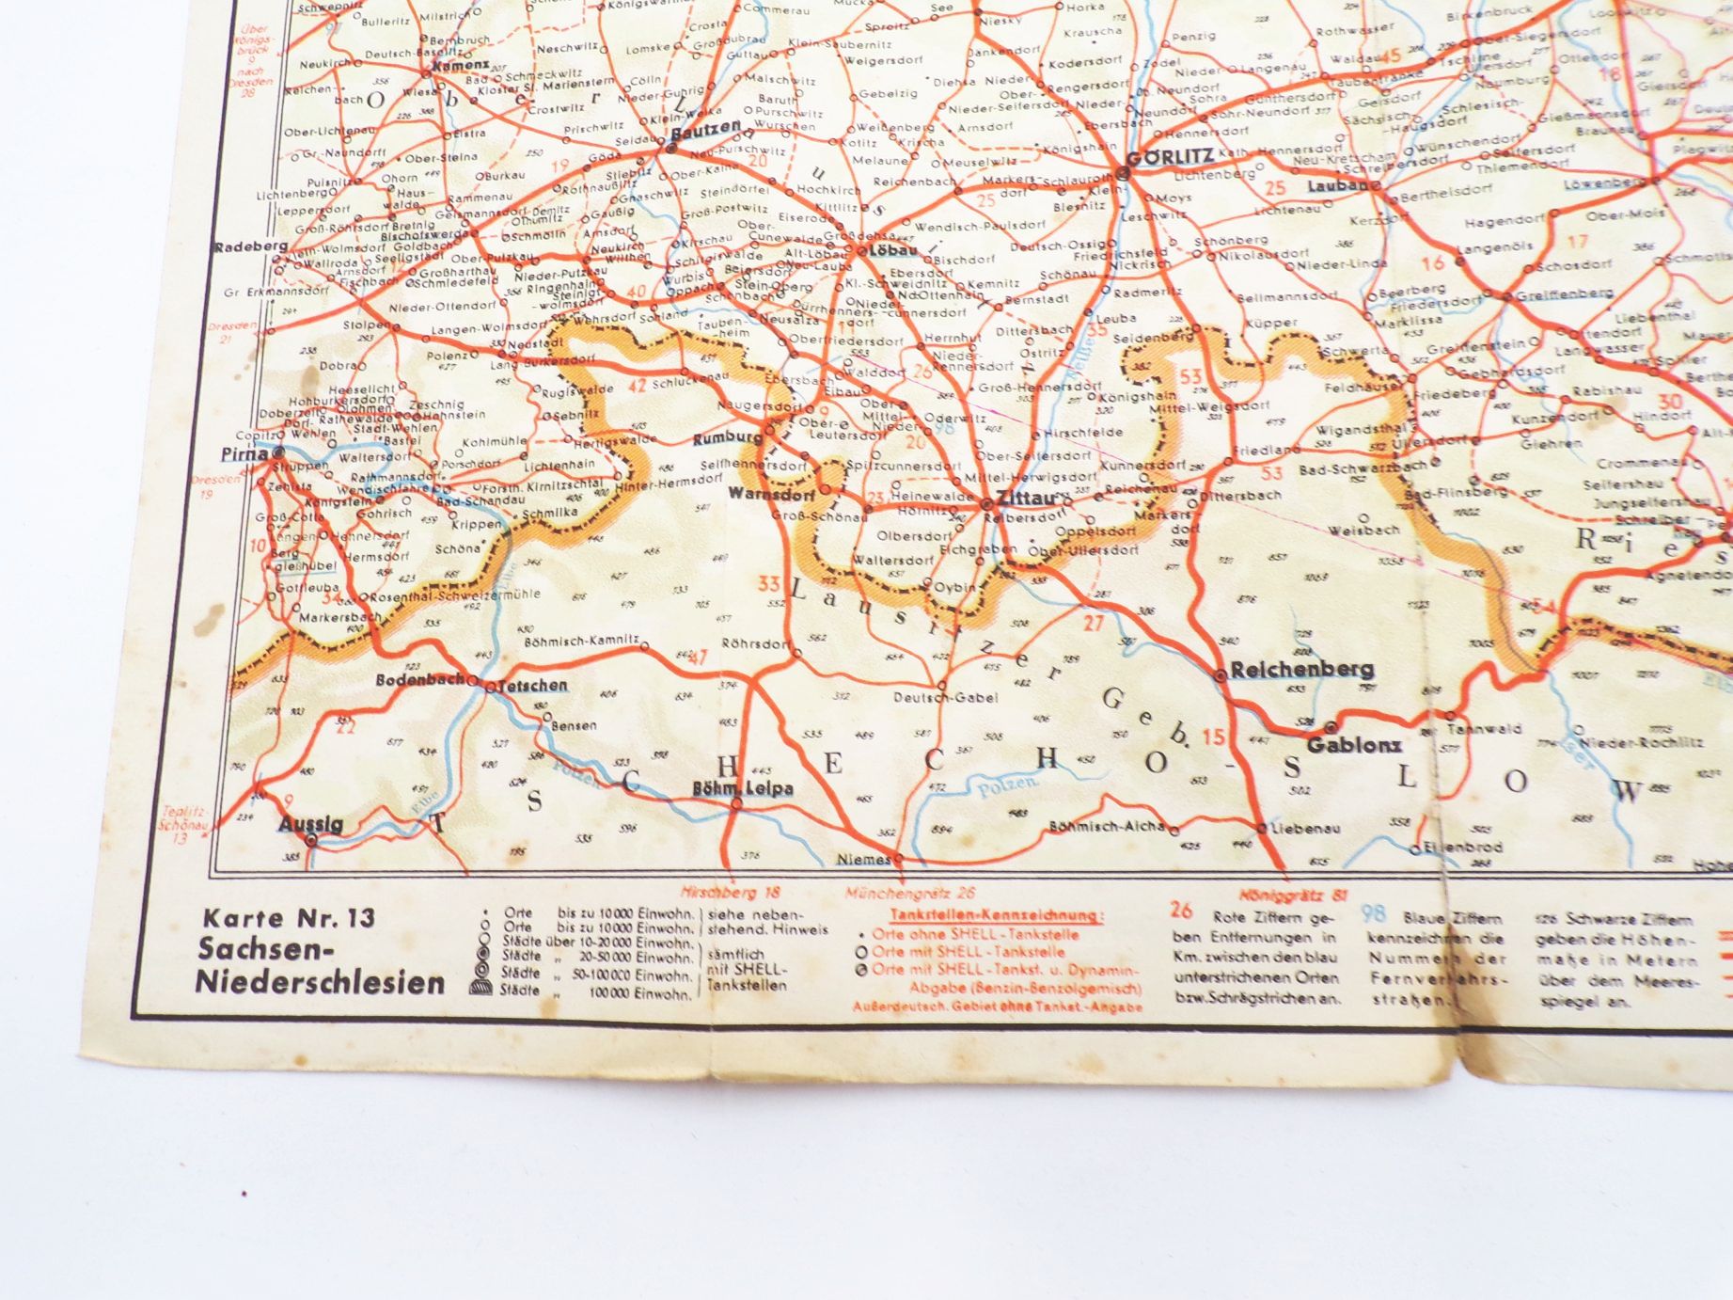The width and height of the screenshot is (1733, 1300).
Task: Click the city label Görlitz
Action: click(1170, 157)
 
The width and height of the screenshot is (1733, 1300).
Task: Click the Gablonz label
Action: click(1354, 745)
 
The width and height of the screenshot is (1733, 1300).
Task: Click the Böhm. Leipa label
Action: click(742, 788)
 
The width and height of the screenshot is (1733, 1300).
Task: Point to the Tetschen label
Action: click(532, 685)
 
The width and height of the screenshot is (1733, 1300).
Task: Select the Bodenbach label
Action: click(420, 679)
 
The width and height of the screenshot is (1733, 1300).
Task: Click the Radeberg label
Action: click(250, 246)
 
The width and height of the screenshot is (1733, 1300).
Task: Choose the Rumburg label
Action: click(728, 438)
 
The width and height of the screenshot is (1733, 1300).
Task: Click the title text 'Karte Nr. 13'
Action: click(288, 917)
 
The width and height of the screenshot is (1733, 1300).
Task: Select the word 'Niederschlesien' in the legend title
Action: click(320, 982)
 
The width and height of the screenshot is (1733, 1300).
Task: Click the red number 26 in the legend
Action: click(1181, 910)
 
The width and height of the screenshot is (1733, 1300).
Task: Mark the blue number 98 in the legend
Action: click(1374, 912)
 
